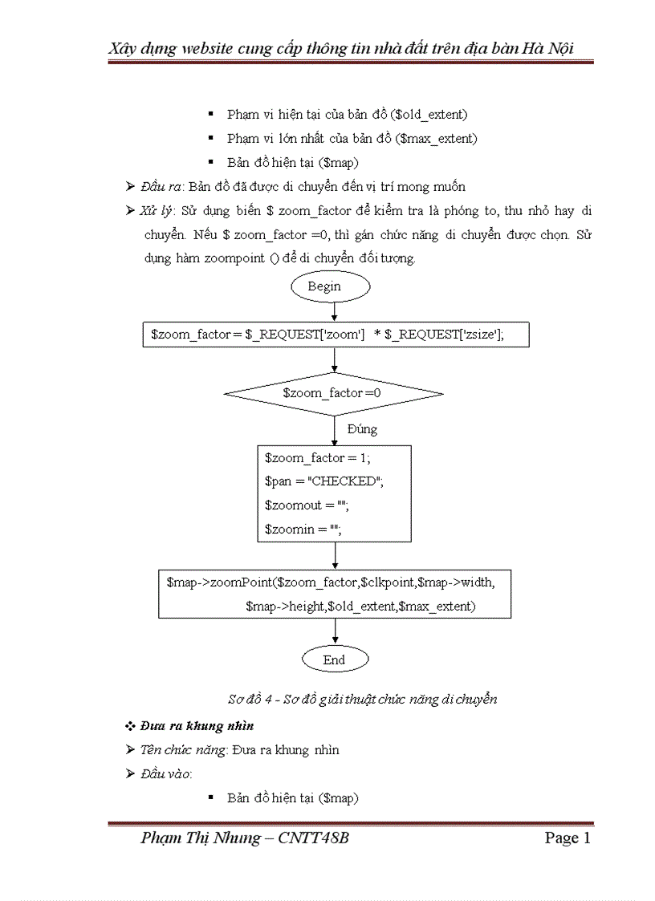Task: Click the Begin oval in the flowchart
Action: click(x=330, y=286)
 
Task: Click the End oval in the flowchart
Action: click(x=334, y=660)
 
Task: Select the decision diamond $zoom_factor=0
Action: click(x=332, y=394)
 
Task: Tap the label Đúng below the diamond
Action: click(x=362, y=429)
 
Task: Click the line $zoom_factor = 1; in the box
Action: click(x=317, y=458)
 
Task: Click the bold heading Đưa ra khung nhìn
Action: click(x=197, y=726)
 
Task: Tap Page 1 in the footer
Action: click(x=568, y=838)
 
